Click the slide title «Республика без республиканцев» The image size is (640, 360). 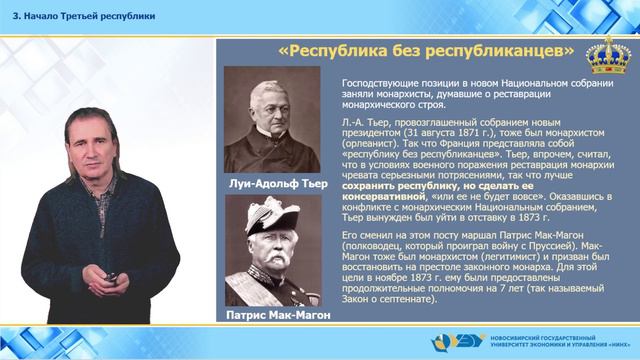(x=425, y=50)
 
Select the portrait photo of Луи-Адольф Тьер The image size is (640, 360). (x=272, y=120)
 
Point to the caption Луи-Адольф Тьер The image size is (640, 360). (x=272, y=184)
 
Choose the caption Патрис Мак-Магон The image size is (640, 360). (x=272, y=316)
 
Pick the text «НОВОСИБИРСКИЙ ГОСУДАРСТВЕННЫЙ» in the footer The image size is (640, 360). (x=552, y=336)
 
